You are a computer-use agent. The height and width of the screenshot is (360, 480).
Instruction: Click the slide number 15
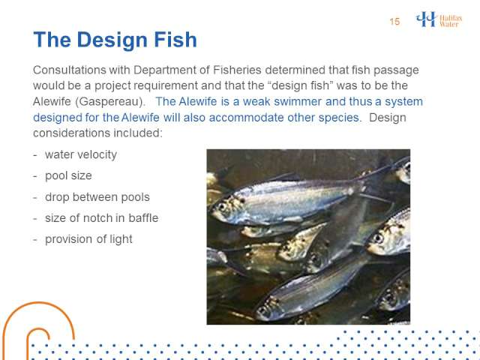(x=394, y=22)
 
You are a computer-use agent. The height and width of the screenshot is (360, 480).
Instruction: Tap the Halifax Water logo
(x=439, y=19)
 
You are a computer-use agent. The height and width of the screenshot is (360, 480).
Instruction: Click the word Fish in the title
(x=175, y=40)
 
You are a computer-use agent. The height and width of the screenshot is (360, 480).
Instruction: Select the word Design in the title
(x=113, y=40)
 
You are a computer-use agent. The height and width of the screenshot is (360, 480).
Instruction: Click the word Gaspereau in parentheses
(x=110, y=102)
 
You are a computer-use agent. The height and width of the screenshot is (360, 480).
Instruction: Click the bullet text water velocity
(x=81, y=155)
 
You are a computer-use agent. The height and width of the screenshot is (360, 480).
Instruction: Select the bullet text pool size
(x=68, y=176)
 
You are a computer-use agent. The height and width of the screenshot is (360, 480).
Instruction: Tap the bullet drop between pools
(x=97, y=197)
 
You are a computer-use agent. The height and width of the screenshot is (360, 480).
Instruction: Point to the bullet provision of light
(x=88, y=239)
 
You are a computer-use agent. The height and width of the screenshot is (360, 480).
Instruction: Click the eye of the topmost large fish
(x=222, y=206)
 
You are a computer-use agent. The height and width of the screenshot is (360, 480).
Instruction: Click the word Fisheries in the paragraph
(x=237, y=70)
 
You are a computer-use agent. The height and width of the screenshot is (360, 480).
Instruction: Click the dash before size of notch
(x=35, y=218)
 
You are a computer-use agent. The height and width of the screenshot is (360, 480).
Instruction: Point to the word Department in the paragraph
(x=164, y=70)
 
